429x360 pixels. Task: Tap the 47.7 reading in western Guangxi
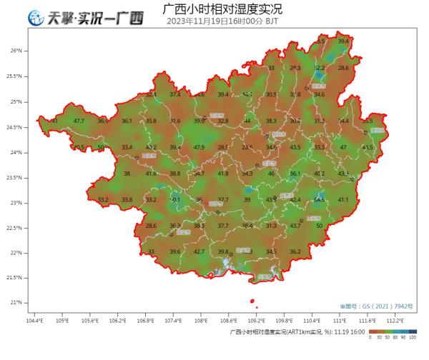click(x=79, y=121)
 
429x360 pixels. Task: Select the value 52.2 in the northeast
click(x=320, y=68)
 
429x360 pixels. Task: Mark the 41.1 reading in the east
click(x=343, y=199)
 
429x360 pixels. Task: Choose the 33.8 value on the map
click(x=127, y=199)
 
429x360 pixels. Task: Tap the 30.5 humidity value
click(x=271, y=94)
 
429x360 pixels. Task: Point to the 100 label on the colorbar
click(x=413, y=340)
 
